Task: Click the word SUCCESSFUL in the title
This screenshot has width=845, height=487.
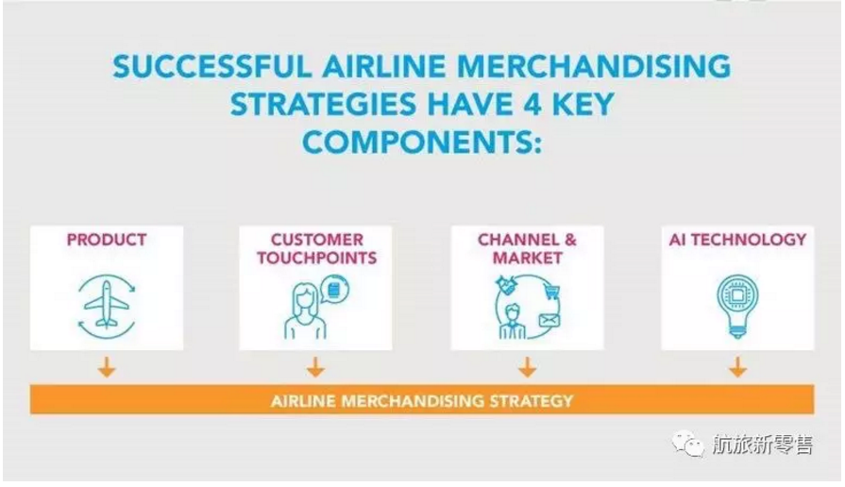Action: [x=212, y=67]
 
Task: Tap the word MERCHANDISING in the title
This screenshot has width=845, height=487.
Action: [x=593, y=67]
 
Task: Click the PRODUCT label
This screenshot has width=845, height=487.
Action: [x=107, y=240]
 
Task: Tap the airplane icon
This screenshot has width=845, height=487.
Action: [x=107, y=304]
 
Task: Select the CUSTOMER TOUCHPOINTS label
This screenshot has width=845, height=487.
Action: [x=316, y=248]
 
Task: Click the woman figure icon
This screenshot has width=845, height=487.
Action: [x=306, y=311]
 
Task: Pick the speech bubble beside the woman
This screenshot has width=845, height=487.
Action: [x=334, y=290]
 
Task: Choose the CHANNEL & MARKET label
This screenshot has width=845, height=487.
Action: [x=527, y=248]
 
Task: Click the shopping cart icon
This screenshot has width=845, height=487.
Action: [x=551, y=293]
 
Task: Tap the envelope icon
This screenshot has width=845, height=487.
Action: [x=549, y=321]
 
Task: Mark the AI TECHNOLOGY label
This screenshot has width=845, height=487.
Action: [x=737, y=240]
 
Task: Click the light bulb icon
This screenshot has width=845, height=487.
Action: [x=737, y=306]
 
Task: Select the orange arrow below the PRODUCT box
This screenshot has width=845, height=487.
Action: [x=107, y=367]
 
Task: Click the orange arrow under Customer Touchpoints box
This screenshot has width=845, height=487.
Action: [x=315, y=367]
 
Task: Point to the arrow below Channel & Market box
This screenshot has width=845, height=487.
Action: [x=527, y=367]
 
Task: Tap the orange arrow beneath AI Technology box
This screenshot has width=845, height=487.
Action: [x=737, y=367]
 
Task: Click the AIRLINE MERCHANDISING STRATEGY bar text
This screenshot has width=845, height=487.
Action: [x=422, y=401]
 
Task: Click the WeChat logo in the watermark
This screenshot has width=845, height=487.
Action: [x=688, y=445]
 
